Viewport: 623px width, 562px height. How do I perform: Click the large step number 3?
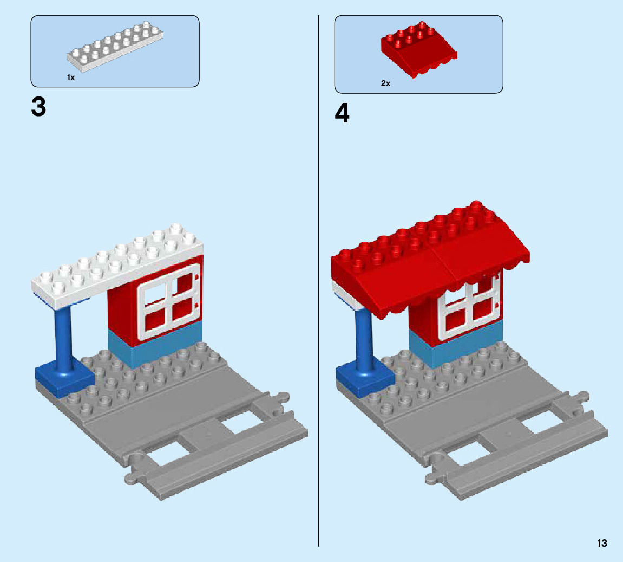tap(39, 107)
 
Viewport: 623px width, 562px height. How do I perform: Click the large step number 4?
tap(342, 114)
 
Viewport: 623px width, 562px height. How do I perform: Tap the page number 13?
tap(602, 543)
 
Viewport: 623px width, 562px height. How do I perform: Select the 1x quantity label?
tap(71, 78)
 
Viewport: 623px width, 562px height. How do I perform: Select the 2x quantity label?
tap(385, 83)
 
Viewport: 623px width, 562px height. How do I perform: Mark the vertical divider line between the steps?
tap(318, 325)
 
